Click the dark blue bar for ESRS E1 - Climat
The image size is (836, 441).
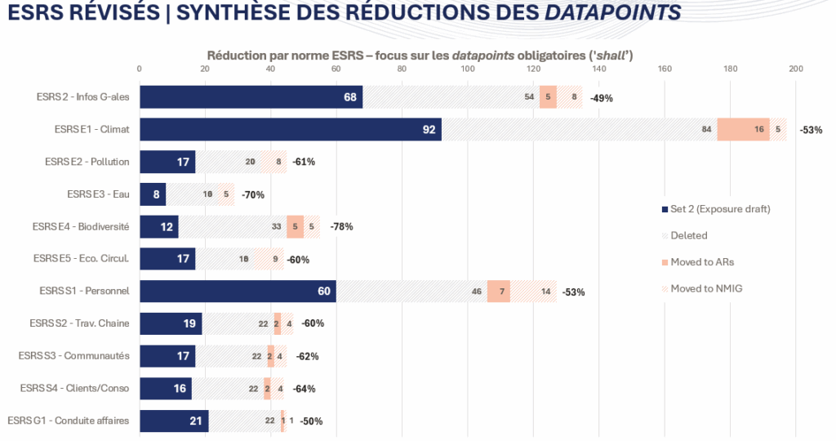point(290,130)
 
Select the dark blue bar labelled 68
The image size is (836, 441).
point(251,97)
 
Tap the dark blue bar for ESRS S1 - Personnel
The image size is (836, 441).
point(238,292)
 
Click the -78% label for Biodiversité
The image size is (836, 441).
point(341,227)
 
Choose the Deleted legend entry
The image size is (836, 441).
point(688,235)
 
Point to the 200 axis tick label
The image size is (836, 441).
point(796,69)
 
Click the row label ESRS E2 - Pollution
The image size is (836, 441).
point(87,162)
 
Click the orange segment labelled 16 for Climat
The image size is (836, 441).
point(743,130)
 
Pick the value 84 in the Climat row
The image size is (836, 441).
point(706,130)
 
